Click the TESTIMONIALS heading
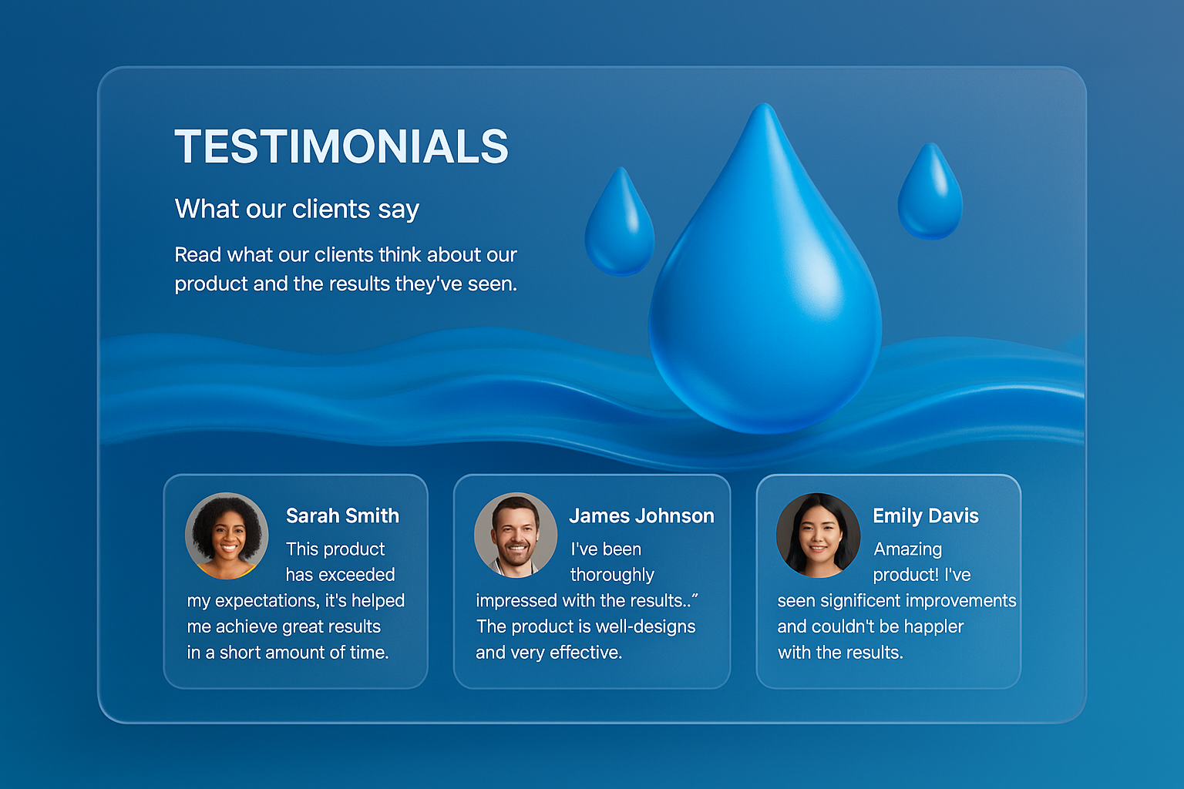(x=341, y=146)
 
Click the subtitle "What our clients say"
(x=297, y=210)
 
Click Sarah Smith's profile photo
(x=226, y=536)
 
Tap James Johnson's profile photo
(x=516, y=535)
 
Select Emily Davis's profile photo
(x=818, y=535)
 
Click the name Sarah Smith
(x=342, y=515)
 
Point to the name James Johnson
(x=641, y=515)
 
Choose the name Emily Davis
(x=926, y=516)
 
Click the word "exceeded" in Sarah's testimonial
(x=357, y=575)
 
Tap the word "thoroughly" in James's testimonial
(x=612, y=575)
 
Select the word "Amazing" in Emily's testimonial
(x=907, y=550)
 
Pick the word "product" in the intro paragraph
(x=211, y=284)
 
